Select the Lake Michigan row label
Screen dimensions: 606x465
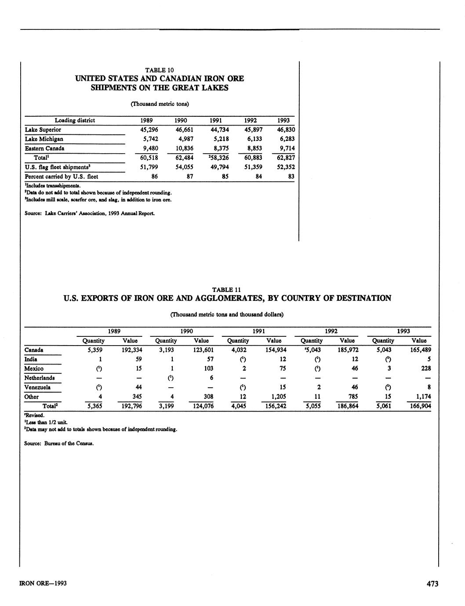44,139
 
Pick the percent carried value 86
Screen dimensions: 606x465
154,177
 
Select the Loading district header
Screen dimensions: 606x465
75,120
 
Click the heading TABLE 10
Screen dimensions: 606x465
160,70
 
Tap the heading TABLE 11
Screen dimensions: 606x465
227,290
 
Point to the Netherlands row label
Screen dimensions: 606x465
40,378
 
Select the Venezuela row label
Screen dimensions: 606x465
37,387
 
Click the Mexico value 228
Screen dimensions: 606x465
426,368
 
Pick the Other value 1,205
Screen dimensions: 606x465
277,397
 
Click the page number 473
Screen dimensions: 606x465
432,584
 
